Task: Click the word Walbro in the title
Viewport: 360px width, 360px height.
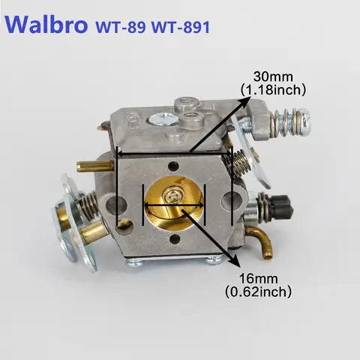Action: pos(46,24)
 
